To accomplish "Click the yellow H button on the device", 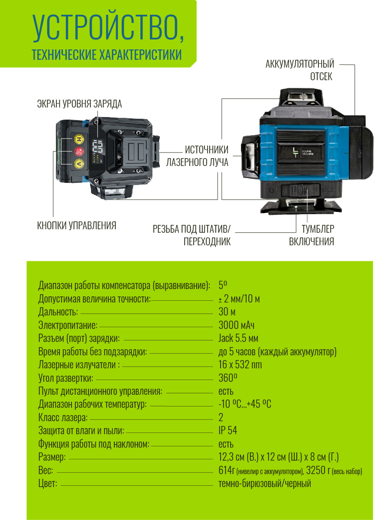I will point(78,139).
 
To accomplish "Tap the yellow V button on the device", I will point(78,163).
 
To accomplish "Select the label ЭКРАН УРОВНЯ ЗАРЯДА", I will point(79,104).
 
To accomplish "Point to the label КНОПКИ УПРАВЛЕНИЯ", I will point(77,226).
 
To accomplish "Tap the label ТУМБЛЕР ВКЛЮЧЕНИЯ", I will point(312,235).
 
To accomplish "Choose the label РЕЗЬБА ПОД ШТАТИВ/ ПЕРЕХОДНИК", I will point(192,235).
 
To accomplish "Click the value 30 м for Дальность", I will point(227,312).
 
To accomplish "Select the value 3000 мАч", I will point(237,325).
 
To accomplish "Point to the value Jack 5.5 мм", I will point(239,338).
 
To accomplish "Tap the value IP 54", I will point(228,431).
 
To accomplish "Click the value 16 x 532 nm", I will point(240,365).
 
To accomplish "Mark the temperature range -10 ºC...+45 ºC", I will point(245,404).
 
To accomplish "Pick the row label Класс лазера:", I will point(63,418).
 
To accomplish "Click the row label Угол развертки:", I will point(66,378).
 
